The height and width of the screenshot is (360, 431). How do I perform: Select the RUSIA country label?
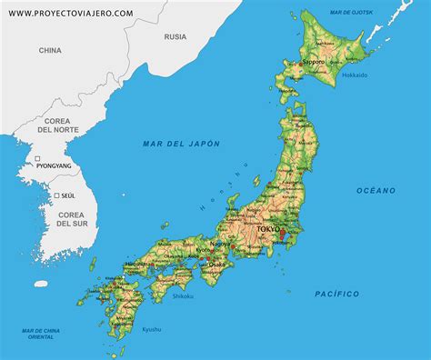coord(175,37)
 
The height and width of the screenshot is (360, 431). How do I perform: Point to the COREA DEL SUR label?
coord(70,218)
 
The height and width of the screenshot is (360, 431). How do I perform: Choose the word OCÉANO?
coord(376,190)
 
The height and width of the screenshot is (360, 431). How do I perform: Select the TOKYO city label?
coord(270,231)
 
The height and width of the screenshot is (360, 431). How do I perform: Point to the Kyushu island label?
coord(151,328)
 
